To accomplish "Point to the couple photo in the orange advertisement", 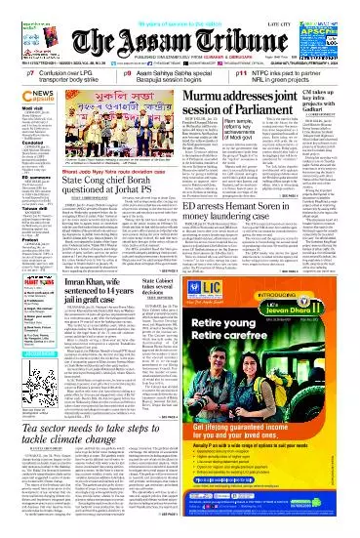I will [x=322, y=376].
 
